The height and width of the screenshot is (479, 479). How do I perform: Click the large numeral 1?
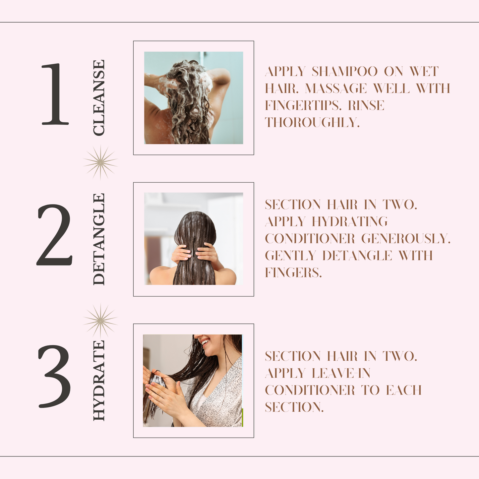coord(55,94)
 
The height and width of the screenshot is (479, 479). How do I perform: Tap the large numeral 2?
coord(55,235)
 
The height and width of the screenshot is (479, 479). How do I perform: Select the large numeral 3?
coord(54,377)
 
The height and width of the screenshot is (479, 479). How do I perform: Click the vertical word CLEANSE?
coord(99,98)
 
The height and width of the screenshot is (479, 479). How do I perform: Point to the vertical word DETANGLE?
coord(99,239)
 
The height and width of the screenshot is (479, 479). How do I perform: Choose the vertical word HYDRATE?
coord(99,381)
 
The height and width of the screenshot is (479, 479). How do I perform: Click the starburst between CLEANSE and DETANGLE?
coord(100,162)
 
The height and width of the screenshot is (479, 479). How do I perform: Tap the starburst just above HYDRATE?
coord(100,321)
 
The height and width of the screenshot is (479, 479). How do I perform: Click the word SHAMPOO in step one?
coord(345,72)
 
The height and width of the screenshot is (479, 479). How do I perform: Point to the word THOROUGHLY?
coord(312,123)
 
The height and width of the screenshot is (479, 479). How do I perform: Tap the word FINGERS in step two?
coord(293,273)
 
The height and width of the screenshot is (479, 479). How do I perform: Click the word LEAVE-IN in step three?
coord(341,373)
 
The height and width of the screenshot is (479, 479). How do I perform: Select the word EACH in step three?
coord(404,390)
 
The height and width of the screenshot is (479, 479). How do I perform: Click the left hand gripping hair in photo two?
coord(181,253)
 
